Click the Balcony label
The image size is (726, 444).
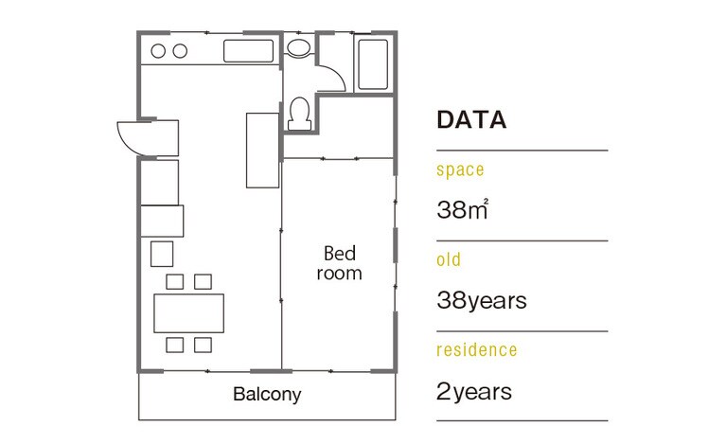coord(267,395)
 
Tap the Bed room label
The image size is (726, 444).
coord(340,263)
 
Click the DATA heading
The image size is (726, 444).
coord(471,119)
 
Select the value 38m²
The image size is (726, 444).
coord(462,209)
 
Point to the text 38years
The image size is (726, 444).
coord(482,300)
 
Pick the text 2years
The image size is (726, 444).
coord(474,392)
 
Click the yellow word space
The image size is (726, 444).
coord(460,169)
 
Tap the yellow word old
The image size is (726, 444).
coord(449,259)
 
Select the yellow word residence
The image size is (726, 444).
coord(477,349)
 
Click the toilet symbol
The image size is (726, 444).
coord(299,114)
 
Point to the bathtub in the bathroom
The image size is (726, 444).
coord(373,64)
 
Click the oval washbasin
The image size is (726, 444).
coord(298,48)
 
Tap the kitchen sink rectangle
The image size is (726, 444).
coord(249,51)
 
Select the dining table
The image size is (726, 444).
coord(189,313)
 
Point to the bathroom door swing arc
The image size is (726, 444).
coord(337,77)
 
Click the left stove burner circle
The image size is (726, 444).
coord(158,51)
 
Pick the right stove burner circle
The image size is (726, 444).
coord(180,51)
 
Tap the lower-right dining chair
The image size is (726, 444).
coord(203,345)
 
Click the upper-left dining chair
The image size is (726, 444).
coord(174,281)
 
